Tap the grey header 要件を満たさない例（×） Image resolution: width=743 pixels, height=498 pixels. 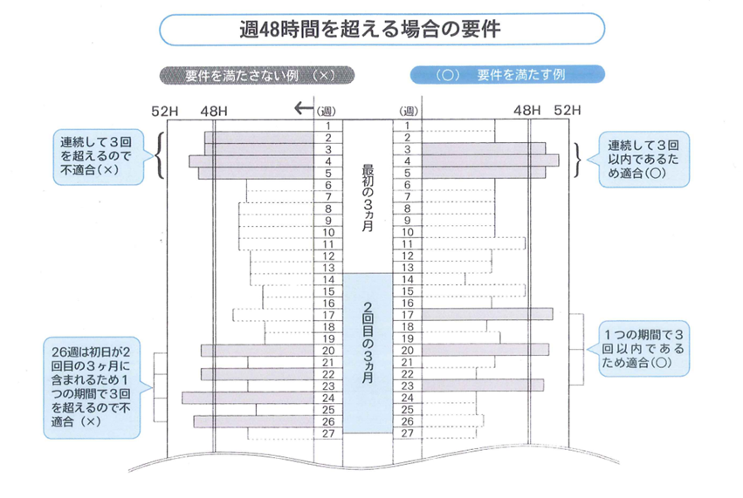(x=256, y=75)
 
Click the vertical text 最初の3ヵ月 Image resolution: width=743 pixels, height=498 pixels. (x=368, y=197)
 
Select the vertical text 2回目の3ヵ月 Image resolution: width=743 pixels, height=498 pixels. (x=368, y=341)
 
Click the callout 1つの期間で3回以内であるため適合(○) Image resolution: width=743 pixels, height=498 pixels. (x=642, y=349)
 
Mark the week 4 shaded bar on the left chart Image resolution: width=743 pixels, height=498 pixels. (x=251, y=161)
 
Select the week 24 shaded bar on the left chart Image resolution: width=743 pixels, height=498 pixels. (x=248, y=397)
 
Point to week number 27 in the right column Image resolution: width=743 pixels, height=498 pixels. (x=406, y=433)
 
